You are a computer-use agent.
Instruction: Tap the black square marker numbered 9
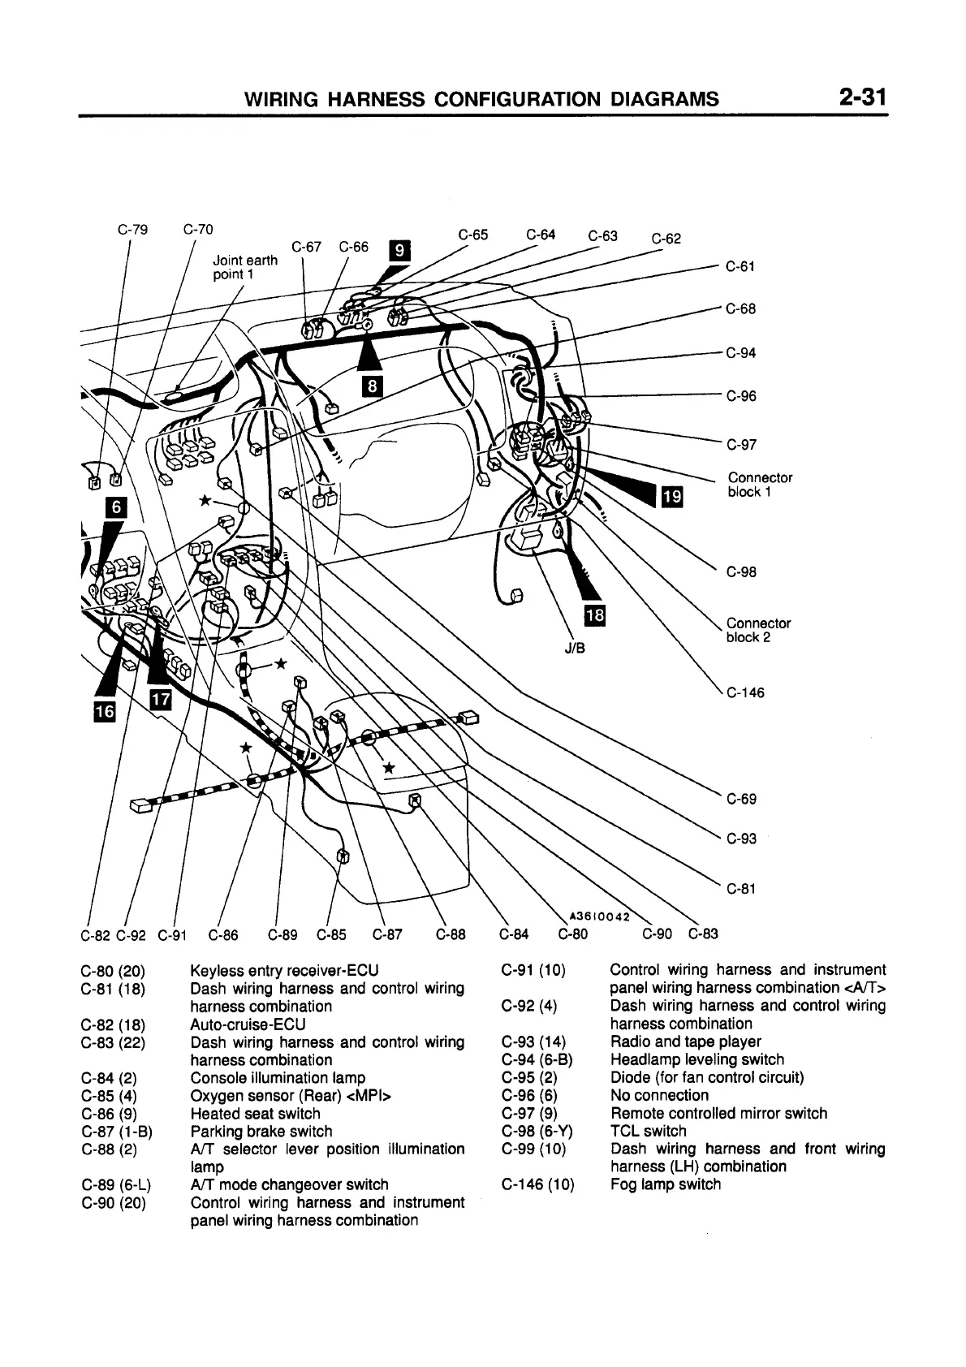tap(399, 251)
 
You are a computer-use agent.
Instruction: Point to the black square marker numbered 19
tap(673, 494)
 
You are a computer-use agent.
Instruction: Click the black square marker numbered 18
tap(595, 615)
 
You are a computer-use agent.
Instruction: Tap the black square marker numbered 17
tap(162, 698)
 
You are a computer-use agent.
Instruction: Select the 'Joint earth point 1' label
tap(244, 267)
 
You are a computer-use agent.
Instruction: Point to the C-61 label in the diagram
tap(740, 266)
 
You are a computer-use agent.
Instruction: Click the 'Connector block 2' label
tap(758, 630)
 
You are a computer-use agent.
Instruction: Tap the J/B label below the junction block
tap(575, 649)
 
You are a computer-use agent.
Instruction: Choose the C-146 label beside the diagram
tap(745, 693)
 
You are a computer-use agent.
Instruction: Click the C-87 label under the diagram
tap(387, 934)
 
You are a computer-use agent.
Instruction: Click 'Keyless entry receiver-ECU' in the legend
tap(284, 970)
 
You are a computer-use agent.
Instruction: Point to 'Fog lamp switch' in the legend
tap(665, 1184)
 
